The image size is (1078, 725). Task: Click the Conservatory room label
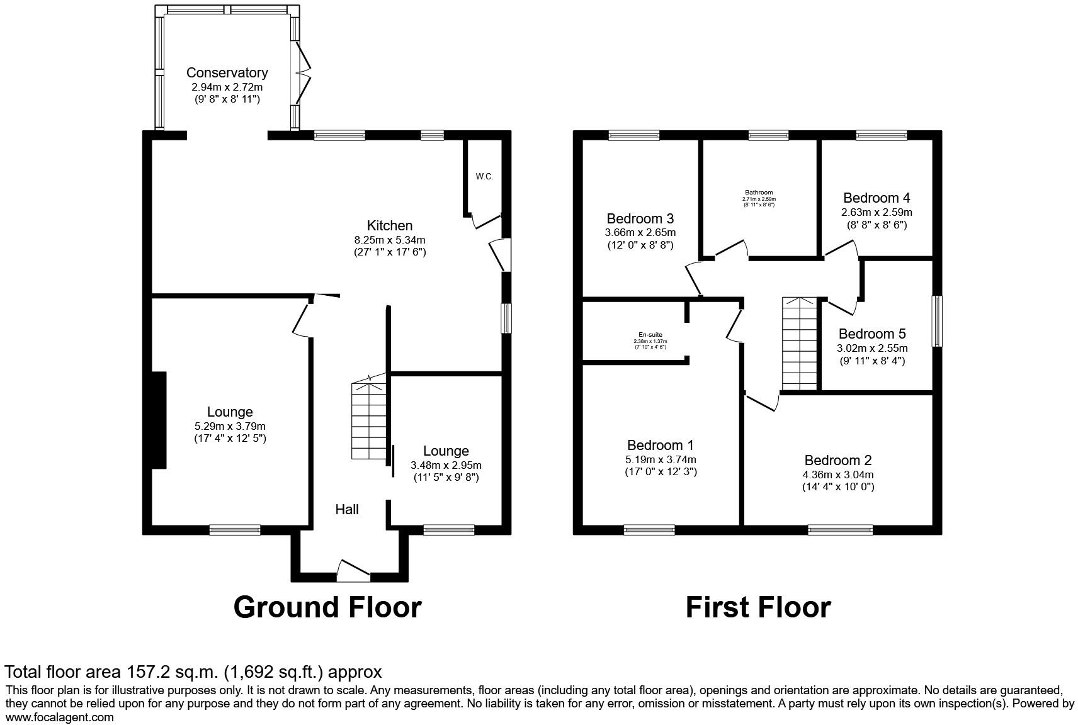coord(227,73)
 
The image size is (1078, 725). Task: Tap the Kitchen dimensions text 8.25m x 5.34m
coord(389,240)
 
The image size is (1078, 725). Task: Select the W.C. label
coord(484,177)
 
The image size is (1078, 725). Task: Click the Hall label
coord(347,509)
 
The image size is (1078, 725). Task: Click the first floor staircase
coord(799,344)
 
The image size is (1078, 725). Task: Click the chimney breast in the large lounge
coord(158,420)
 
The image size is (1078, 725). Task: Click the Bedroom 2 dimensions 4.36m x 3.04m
coord(838,475)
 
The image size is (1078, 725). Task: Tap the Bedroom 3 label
coord(640,218)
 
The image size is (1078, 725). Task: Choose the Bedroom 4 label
coord(877,198)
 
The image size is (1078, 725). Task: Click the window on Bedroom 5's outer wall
coord(938,321)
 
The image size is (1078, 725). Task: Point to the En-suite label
coord(650,335)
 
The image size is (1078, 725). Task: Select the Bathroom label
coord(759,193)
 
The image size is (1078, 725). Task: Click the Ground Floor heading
coord(327,608)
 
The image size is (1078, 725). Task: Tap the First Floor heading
coord(757,608)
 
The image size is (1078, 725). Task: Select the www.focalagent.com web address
coord(60,717)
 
